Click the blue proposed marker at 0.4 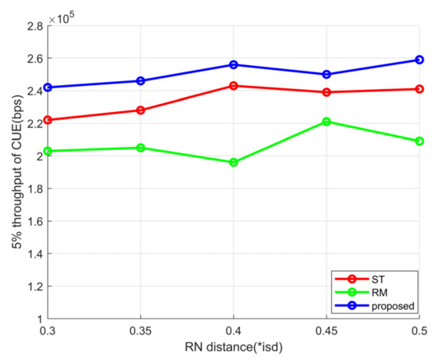(234, 64)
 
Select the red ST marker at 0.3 (49, 120)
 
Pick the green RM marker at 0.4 (234, 162)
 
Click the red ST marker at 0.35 (141, 110)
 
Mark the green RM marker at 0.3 (49, 151)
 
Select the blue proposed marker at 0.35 (141, 81)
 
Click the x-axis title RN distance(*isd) (234, 347)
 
